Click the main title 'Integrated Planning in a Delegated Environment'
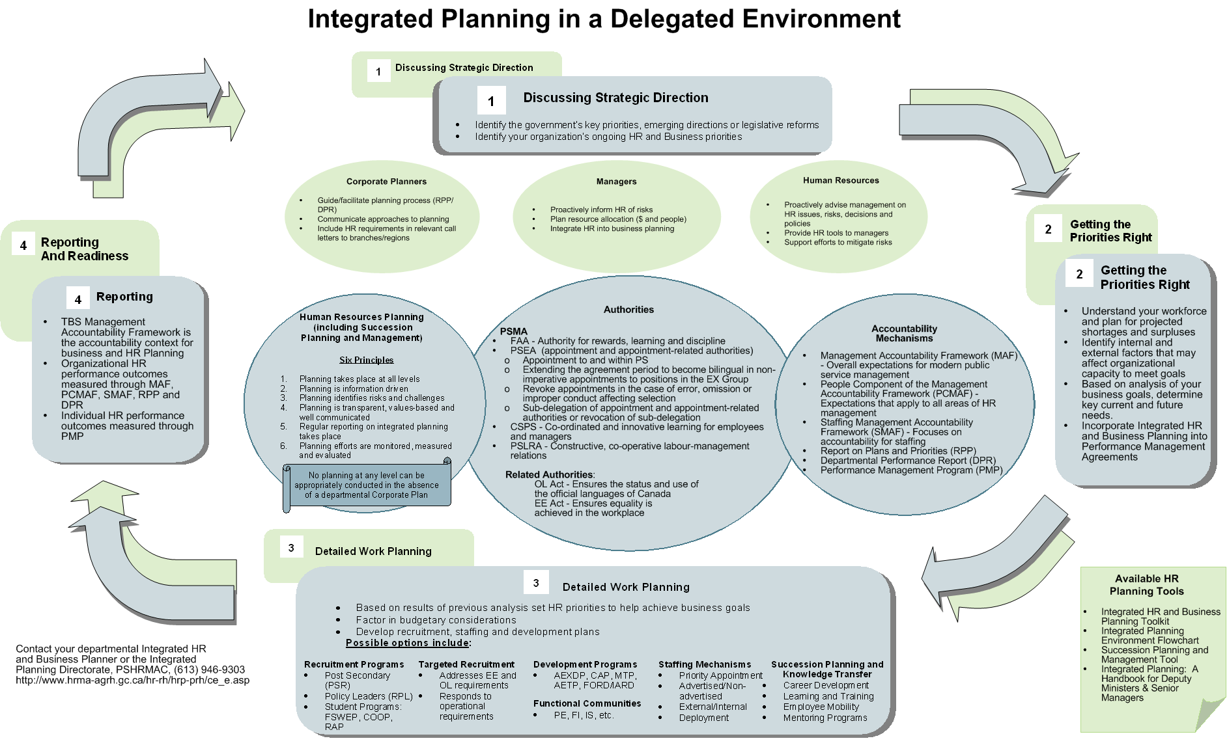coord(604,20)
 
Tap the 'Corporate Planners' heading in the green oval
coord(386,182)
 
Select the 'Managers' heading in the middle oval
coord(616,182)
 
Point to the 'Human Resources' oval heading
coord(841,180)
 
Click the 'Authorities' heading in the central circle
coord(628,310)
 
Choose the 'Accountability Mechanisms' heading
coord(904,333)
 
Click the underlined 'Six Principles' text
coord(366,360)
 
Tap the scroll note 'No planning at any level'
coord(367,485)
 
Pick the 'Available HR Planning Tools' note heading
coord(1146,585)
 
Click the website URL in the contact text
coord(132,680)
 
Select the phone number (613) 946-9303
coord(209,670)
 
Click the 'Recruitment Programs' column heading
coord(354,664)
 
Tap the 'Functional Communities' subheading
coord(587,703)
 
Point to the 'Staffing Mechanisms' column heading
coord(705,664)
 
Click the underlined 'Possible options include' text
coord(408,643)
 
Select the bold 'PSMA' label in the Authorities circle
coord(513,331)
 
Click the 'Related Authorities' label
coord(549,474)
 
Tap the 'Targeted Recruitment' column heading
coord(466,664)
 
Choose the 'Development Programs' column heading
coord(585,664)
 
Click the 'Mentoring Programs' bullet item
coord(825,718)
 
